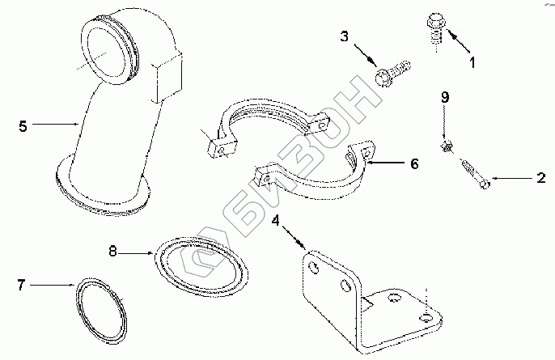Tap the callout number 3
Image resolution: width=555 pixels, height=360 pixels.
pos(344,37)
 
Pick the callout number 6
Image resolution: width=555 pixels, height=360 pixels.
pos(413,163)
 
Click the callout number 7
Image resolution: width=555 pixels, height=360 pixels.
pos(22,284)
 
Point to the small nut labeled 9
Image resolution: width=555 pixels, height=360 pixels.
pos(446,147)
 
